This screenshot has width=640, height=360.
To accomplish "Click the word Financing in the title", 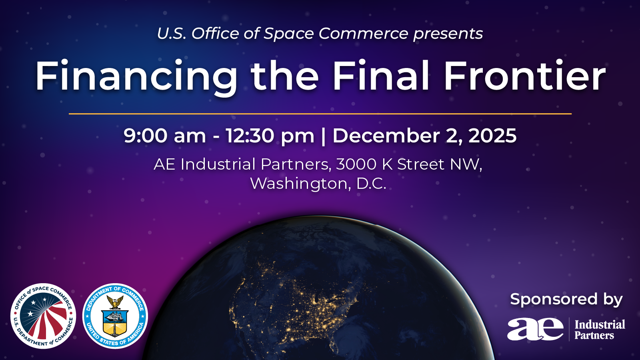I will [136, 76].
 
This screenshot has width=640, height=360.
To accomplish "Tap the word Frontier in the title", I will [524, 76].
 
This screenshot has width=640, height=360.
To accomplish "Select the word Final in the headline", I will [381, 76].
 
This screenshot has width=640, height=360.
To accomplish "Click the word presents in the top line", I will [448, 34].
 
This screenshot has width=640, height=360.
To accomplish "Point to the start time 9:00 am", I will [165, 136].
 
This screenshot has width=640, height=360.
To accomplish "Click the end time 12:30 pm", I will [270, 136].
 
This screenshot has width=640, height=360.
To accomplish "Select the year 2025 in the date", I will [492, 136].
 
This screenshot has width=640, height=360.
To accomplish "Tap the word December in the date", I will [386, 136].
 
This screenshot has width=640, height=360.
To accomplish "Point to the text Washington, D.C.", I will [318, 184].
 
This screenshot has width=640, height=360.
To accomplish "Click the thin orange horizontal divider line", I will [320, 114].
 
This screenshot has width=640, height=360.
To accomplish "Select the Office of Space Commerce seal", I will [43, 316].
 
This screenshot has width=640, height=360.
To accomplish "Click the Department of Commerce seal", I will [115, 316].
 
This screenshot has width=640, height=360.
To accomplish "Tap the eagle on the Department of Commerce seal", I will [115, 302].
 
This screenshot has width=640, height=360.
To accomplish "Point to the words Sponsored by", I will [566, 299].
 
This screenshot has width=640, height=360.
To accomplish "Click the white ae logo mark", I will [535, 329].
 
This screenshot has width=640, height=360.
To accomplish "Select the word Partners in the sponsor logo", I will [594, 335].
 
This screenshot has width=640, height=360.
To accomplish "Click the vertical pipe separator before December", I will [324, 136].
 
